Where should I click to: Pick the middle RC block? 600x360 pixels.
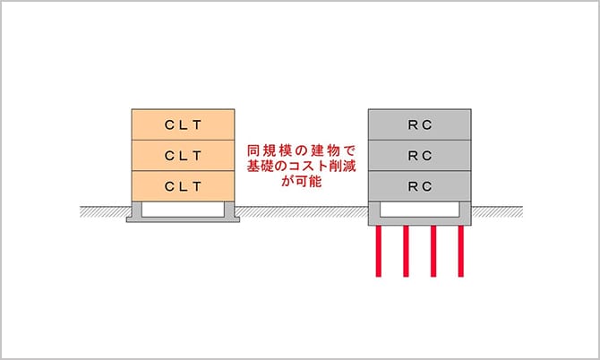coord(420,155)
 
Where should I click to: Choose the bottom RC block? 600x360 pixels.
coord(420,185)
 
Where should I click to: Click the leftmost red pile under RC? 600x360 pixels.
coord(380,252)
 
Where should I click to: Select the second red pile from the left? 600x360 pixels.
coord(407,252)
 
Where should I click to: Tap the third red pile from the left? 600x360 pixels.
coord(434,252)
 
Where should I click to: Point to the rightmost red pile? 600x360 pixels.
coord(461,252)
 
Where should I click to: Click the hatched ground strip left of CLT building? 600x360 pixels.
coord(104,212)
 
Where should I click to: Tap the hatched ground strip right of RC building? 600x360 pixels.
coord(498,212)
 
